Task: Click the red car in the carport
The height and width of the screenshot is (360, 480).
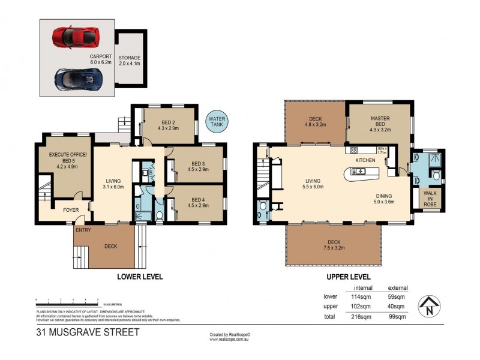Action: click(76, 36)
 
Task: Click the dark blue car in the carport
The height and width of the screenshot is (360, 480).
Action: click(77, 77)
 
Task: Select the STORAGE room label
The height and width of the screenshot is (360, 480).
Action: click(129, 61)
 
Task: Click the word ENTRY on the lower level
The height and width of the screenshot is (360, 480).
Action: click(83, 229)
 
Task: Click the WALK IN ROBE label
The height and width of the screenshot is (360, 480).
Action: click(431, 199)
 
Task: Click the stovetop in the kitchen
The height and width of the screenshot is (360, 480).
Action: click(353, 150)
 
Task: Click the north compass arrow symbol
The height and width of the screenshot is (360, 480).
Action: click(431, 306)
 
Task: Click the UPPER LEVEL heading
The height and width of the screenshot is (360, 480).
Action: click(349, 277)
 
